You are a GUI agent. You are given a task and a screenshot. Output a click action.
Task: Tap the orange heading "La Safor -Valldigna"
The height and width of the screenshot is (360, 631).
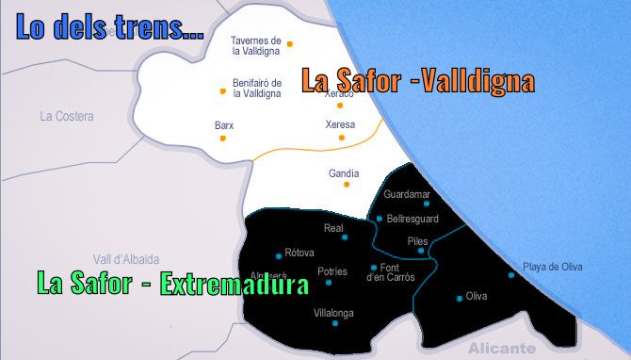[417, 80]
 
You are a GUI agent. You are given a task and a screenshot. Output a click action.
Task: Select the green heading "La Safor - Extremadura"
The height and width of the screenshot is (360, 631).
[172, 284]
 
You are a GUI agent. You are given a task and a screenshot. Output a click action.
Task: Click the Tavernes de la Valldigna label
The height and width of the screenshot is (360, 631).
[256, 46]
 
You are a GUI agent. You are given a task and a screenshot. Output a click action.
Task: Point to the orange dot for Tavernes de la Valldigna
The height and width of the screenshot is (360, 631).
[290, 43]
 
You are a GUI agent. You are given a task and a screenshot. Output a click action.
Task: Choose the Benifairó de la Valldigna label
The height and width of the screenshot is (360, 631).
[257, 88]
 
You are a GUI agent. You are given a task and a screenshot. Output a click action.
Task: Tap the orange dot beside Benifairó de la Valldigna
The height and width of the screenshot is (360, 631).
[223, 91]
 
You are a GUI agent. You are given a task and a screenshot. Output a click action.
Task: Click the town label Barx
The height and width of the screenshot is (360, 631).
[224, 125]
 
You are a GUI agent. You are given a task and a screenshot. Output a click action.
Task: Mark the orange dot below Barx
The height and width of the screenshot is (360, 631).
[223, 138]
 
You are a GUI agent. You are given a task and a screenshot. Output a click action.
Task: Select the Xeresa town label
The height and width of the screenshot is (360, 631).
[340, 124]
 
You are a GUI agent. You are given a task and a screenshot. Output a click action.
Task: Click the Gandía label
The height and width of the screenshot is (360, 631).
[344, 173]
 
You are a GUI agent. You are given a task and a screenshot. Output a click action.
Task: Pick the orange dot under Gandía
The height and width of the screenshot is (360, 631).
[344, 186]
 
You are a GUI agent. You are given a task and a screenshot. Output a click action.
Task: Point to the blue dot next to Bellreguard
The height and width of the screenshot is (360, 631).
[380, 219]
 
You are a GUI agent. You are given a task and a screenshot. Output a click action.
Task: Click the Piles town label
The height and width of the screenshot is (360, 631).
[417, 240]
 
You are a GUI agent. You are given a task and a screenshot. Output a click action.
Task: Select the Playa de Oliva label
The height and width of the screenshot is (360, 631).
[553, 267]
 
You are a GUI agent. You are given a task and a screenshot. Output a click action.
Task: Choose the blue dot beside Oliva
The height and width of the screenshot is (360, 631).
[460, 299]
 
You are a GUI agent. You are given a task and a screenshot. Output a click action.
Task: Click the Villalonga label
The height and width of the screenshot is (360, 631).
[333, 312]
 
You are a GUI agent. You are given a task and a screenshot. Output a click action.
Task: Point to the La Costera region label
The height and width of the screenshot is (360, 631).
[67, 117]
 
